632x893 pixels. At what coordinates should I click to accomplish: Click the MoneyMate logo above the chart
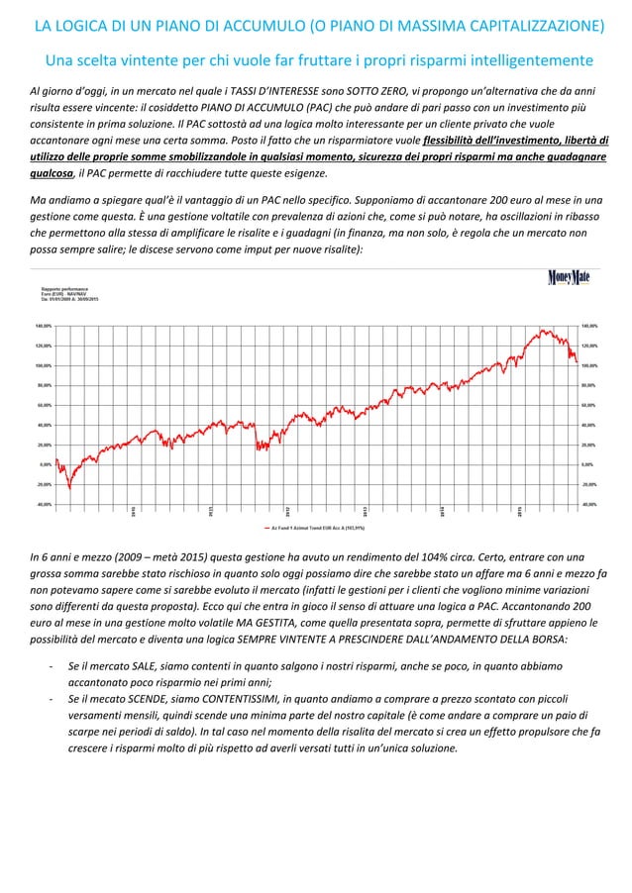point(569,277)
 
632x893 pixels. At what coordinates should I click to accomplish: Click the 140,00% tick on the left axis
point(44,325)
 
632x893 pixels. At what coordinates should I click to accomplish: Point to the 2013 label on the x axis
point(366,511)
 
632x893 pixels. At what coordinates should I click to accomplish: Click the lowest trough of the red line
point(69,488)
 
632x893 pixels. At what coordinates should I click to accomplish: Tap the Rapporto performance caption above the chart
point(60,288)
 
